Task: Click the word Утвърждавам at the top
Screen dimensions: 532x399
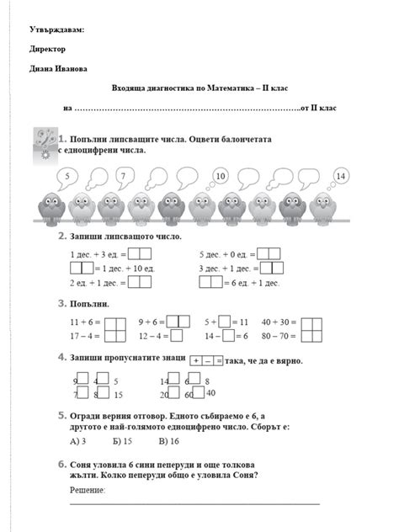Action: (x=56, y=30)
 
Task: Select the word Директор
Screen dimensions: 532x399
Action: (x=47, y=49)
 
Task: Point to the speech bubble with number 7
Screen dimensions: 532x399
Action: (x=123, y=176)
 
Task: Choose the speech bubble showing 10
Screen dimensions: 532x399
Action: (x=220, y=176)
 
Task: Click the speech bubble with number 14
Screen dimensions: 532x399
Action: (x=340, y=175)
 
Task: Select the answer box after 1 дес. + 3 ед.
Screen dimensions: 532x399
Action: (x=140, y=253)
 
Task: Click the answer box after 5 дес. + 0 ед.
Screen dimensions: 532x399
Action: (x=269, y=253)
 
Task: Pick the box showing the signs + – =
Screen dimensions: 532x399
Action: (x=207, y=360)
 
